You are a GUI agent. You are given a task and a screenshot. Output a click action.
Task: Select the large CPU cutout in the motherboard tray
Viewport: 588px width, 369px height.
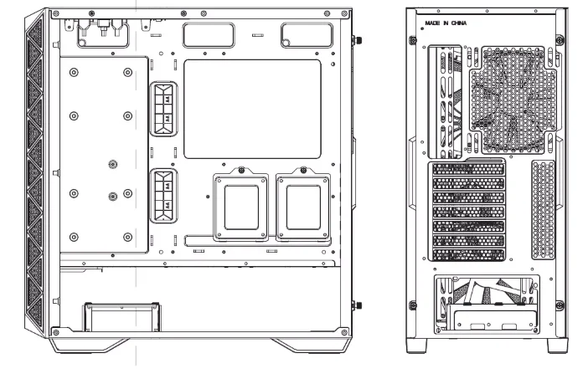pyautogui.click(x=251, y=109)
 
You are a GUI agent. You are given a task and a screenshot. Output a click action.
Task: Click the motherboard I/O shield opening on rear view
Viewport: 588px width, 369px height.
pyautogui.click(x=445, y=100)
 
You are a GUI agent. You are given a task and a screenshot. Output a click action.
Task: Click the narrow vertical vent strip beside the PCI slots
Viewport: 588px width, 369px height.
pyautogui.click(x=542, y=208)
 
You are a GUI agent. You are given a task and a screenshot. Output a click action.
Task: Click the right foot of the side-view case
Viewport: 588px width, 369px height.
pyautogui.click(x=310, y=345)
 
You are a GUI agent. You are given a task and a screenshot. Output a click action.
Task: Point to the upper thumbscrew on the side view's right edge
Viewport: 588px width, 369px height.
pyautogui.click(x=359, y=40)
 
